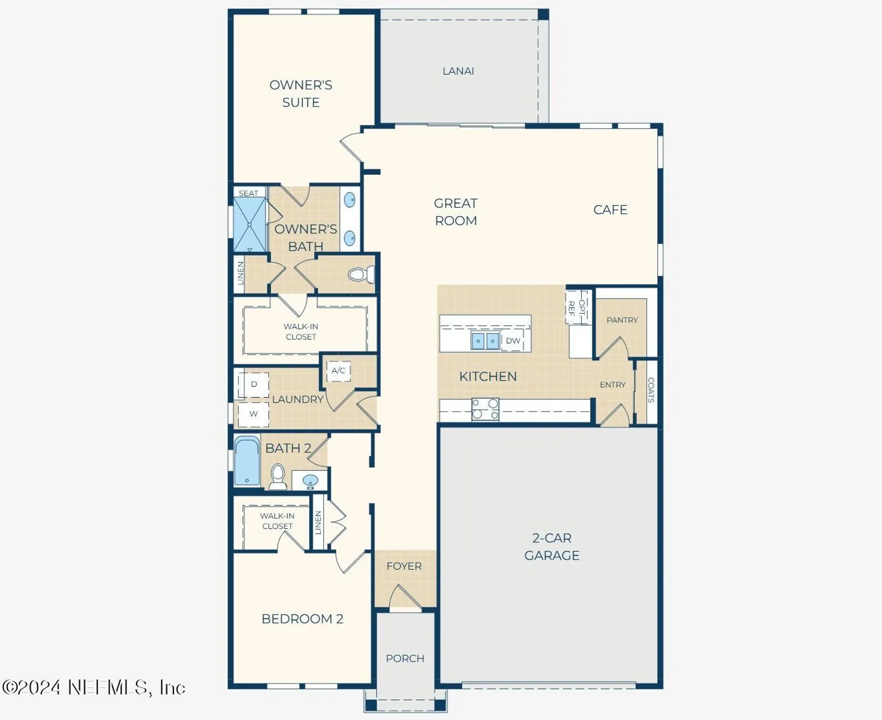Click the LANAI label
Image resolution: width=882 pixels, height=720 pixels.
coord(458,71)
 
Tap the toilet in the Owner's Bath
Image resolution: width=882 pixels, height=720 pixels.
coord(360,274)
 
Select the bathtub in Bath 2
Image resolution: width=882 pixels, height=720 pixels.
coord(247,461)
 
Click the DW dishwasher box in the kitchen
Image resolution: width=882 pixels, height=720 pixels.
coord(513,340)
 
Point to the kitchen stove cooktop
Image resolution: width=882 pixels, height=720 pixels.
coord(485,409)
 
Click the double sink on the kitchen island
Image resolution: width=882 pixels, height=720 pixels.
coord(485,341)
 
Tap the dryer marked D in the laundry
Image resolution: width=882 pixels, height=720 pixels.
coord(253,384)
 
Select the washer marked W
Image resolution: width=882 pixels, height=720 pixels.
coord(253,414)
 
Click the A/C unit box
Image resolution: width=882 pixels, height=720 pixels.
coord(338,371)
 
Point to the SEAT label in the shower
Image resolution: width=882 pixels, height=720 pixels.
coord(248,193)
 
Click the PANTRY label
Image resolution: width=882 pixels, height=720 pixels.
coord(622,320)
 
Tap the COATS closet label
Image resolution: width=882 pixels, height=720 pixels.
coord(651,390)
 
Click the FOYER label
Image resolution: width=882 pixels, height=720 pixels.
coord(404,566)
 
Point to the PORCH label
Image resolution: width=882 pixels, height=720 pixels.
coord(405,658)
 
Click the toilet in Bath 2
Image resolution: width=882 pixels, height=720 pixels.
coord(278,477)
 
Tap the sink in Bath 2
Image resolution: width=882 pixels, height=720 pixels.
coord(310,480)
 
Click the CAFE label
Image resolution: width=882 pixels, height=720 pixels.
coord(610,210)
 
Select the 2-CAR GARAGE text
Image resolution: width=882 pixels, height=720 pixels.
coord(551,546)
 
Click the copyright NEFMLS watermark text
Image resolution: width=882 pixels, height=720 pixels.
coord(94,687)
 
